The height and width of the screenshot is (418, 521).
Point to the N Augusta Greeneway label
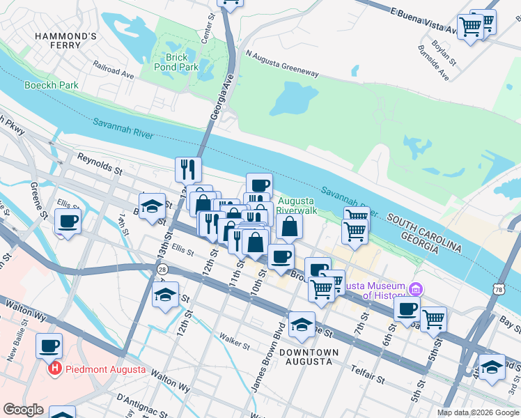(281, 62)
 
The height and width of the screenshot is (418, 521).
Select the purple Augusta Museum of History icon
(416, 289)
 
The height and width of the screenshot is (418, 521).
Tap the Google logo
(23, 410)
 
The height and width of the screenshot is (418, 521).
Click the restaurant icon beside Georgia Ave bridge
(188, 169)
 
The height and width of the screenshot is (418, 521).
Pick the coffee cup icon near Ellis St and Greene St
(68, 222)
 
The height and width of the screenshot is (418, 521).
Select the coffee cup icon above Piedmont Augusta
(49, 345)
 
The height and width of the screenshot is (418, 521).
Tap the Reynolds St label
(99, 164)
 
